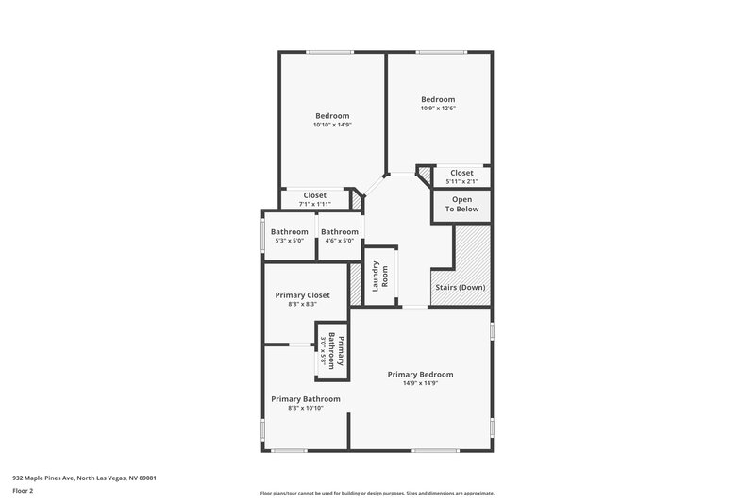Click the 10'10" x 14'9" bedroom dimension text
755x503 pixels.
click(x=331, y=125)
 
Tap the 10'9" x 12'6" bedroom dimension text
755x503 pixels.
click(x=438, y=109)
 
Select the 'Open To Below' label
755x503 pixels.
click(x=461, y=205)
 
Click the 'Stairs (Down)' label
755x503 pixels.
click(x=460, y=287)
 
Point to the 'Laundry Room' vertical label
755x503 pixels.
click(x=379, y=276)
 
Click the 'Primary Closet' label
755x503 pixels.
click(x=302, y=294)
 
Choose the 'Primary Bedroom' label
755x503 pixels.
click(x=420, y=374)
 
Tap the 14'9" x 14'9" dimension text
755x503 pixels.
click(x=420, y=383)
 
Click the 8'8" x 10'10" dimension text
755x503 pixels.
click(x=305, y=408)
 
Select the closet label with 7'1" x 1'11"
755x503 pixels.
click(x=314, y=195)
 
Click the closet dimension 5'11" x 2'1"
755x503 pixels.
click(x=461, y=181)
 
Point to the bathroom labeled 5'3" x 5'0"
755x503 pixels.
click(x=289, y=232)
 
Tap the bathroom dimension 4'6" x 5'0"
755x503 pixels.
click(x=339, y=241)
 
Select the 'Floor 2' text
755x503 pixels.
click(x=24, y=491)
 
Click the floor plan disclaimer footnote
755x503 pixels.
click(x=377, y=493)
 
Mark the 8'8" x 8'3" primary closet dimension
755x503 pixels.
click(x=302, y=304)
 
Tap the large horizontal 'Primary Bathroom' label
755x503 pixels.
click(x=305, y=398)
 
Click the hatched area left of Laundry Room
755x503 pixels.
click(x=356, y=283)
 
